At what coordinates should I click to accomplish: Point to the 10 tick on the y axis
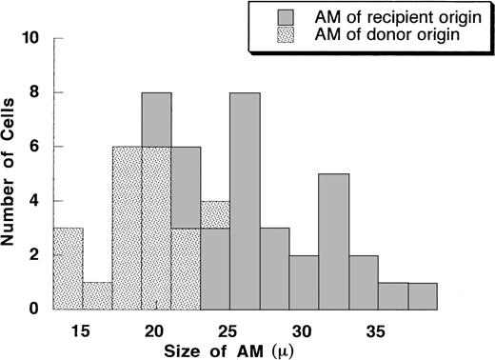36,39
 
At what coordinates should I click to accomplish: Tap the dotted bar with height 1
97,295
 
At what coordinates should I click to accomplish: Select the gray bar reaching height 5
333,242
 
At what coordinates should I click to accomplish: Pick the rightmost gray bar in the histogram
423,296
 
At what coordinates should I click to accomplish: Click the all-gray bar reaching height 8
245,201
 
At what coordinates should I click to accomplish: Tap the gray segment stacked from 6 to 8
156,119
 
